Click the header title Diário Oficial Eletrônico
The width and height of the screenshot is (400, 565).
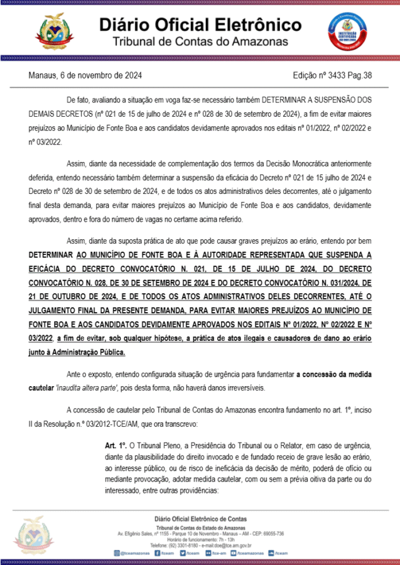200,25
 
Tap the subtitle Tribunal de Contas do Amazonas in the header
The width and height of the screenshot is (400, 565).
200,41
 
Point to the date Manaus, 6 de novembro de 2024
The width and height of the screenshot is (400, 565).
85,75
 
